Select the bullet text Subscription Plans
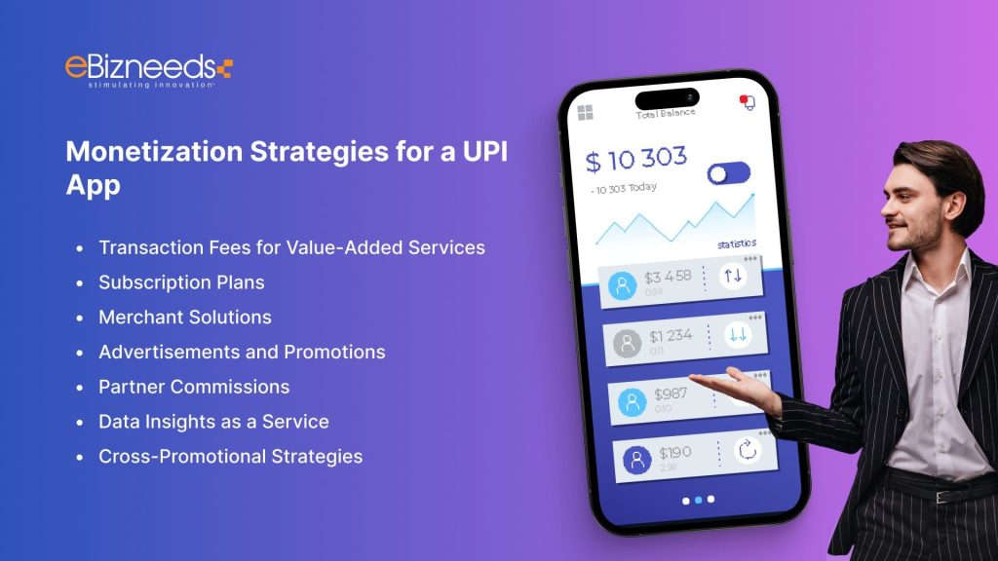[181, 282]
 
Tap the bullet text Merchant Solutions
[185, 318]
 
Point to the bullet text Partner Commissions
[194, 387]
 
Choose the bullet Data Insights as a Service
[213, 422]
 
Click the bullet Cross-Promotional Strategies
[230, 456]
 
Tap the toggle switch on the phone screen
[729, 174]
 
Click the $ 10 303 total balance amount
[636, 160]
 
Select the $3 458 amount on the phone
[667, 278]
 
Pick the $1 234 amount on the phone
[671, 336]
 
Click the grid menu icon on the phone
[585, 113]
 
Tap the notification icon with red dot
[748, 101]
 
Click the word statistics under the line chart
[736, 243]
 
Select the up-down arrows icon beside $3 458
[733, 276]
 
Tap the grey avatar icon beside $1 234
[627, 342]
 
